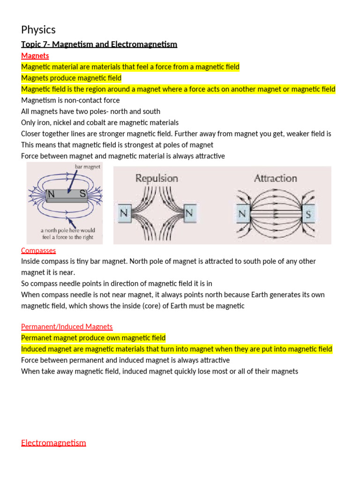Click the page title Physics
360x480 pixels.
coord(38,30)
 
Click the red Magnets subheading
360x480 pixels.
coord(35,56)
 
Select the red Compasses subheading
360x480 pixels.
coord(38,250)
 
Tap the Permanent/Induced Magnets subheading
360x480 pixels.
coord(67,326)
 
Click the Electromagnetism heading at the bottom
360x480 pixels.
coord(53,442)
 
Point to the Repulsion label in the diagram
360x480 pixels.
coord(157,178)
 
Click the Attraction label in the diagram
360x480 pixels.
coord(275,178)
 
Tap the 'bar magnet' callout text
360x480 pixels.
coord(88,167)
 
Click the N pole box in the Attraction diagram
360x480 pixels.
coord(242,215)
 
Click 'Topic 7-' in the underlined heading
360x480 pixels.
coord(35,45)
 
